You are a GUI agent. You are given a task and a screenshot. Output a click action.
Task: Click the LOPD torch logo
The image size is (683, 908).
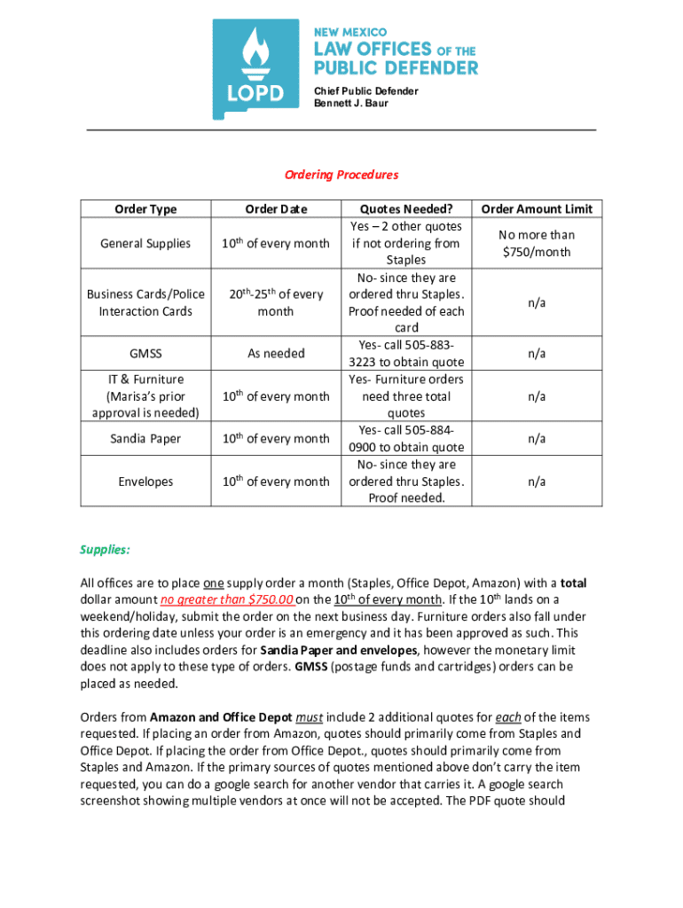click(x=255, y=69)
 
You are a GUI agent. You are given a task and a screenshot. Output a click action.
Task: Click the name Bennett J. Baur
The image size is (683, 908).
click(x=351, y=104)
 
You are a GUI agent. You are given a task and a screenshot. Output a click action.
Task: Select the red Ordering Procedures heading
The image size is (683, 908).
click(x=341, y=175)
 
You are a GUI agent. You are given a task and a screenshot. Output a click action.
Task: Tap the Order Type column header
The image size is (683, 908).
click(x=145, y=209)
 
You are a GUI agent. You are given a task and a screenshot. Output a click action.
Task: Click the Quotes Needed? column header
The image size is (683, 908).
click(x=406, y=209)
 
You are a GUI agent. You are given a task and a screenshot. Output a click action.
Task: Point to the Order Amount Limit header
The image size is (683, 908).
click(x=537, y=209)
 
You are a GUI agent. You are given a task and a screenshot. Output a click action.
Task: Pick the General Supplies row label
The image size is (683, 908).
click(x=145, y=243)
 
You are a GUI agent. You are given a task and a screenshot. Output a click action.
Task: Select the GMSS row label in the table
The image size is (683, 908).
click(x=145, y=353)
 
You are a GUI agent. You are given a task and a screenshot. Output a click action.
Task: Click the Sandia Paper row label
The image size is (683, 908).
click(x=145, y=438)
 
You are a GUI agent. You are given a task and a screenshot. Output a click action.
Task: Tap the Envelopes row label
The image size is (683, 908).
click(x=145, y=481)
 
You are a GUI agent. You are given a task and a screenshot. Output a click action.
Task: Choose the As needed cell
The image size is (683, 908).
click(x=276, y=353)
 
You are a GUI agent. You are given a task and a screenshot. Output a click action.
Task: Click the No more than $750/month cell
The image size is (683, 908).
click(x=537, y=243)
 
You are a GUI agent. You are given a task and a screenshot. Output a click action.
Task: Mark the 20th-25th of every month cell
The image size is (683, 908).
click(x=276, y=302)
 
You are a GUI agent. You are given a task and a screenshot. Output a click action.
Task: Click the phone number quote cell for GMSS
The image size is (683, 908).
click(x=406, y=353)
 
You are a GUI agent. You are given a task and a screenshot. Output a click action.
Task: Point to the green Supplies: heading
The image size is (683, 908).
click(x=106, y=550)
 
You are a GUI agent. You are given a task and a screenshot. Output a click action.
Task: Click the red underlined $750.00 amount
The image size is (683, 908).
click(x=266, y=599)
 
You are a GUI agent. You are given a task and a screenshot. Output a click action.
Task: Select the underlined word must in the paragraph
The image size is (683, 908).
click(x=309, y=717)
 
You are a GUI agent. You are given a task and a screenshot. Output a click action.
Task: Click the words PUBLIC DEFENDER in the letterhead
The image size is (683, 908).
click(x=396, y=68)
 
